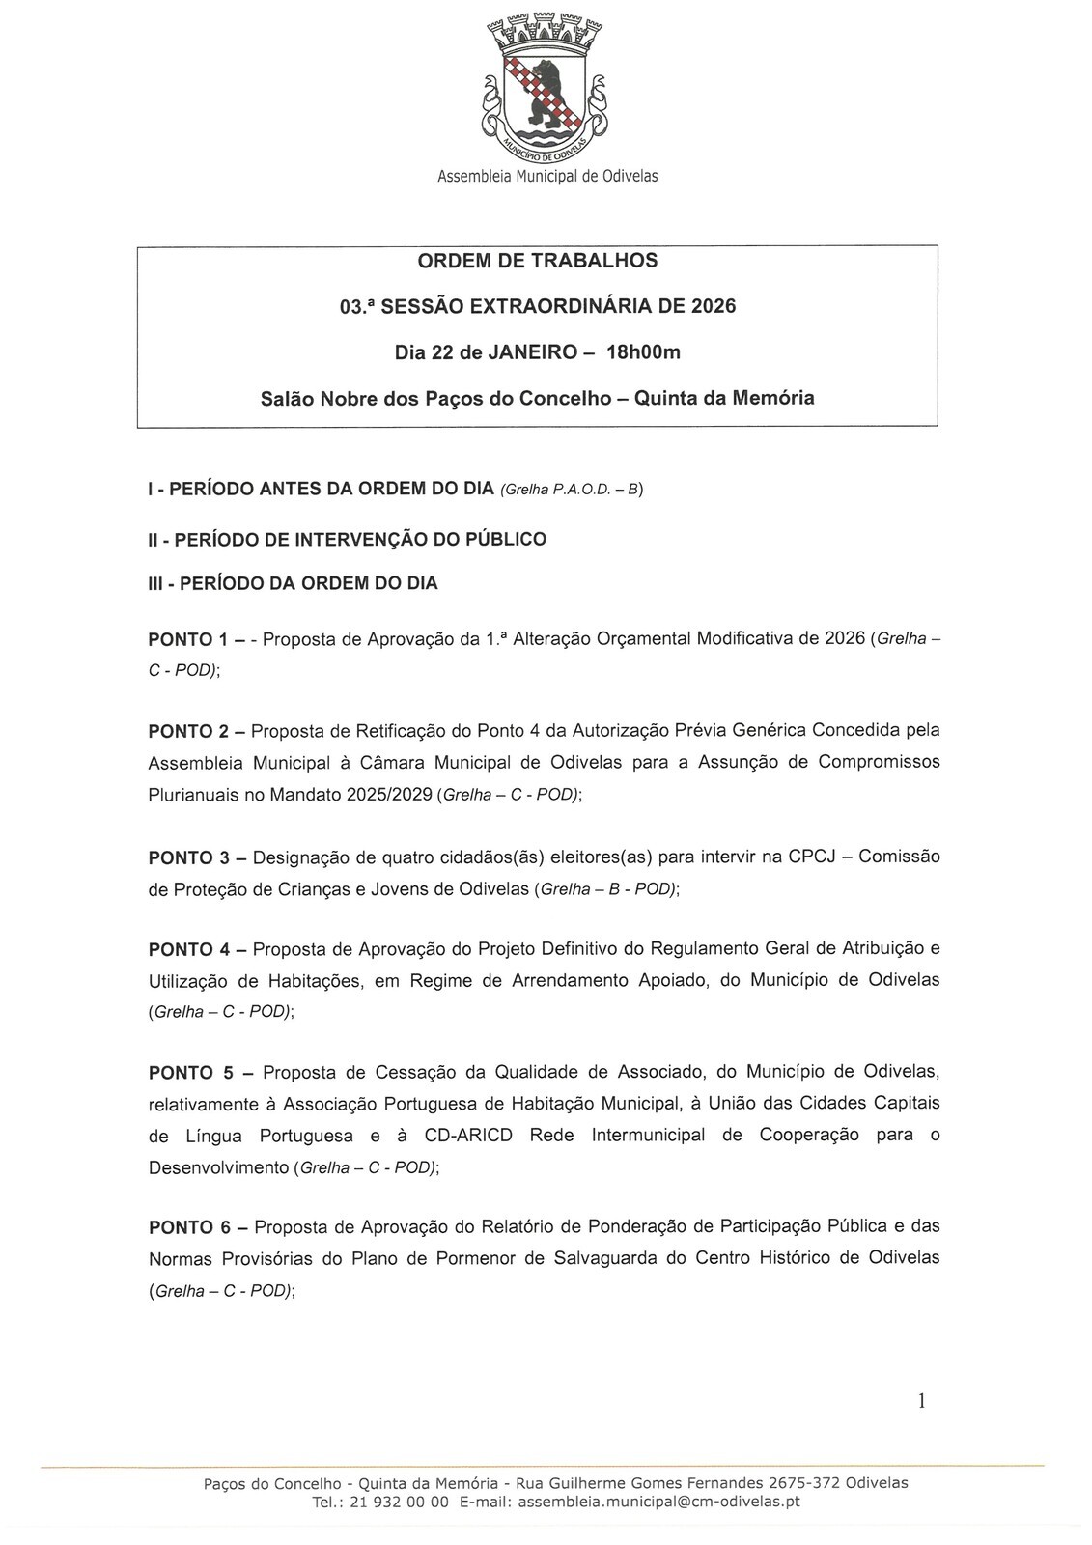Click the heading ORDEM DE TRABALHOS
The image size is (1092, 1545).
(x=537, y=261)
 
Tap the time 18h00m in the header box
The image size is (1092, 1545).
(x=643, y=352)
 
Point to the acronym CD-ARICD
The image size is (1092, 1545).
(x=468, y=1136)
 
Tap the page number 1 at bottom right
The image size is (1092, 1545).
(x=921, y=1401)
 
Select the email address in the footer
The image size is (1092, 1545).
(x=658, y=1503)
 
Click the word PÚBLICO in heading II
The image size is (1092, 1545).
(x=506, y=539)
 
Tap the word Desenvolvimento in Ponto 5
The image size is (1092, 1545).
(x=218, y=1167)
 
